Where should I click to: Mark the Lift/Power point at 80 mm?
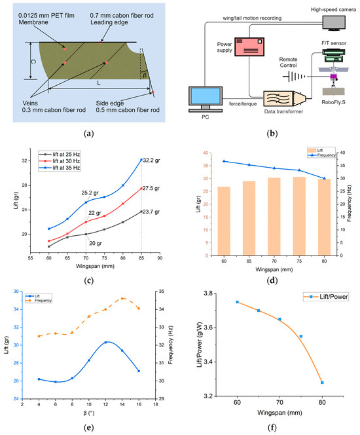click(x=323, y=382)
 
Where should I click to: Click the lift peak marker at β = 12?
click(x=105, y=343)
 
